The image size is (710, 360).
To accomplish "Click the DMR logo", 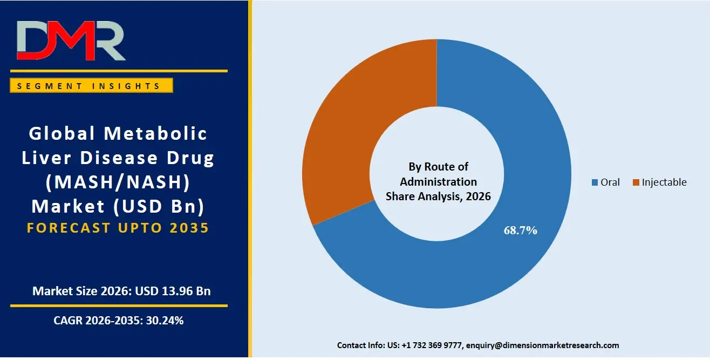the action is [x=71, y=40].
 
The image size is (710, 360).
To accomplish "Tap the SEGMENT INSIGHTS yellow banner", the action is [x=91, y=86].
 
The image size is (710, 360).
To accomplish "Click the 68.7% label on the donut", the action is [x=520, y=230].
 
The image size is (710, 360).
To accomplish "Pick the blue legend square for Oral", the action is [x=595, y=182].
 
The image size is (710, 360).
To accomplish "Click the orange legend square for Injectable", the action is [x=636, y=182].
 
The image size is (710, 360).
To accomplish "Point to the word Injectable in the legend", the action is [x=664, y=182].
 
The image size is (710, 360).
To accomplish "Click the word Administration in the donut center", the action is [x=438, y=182].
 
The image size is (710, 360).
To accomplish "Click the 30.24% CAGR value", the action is [x=165, y=321].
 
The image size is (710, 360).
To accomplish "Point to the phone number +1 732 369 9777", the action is [x=432, y=345].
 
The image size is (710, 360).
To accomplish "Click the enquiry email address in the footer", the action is [x=542, y=345].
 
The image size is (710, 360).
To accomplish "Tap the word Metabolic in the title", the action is [x=155, y=133].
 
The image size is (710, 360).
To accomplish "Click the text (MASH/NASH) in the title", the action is [x=118, y=182].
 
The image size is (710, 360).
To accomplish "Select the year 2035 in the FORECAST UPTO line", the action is [x=189, y=228].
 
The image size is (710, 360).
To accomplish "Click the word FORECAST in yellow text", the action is [x=69, y=228].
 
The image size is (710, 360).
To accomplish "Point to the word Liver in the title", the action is [x=46, y=158].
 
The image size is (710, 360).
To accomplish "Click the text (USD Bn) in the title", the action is [x=159, y=207].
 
